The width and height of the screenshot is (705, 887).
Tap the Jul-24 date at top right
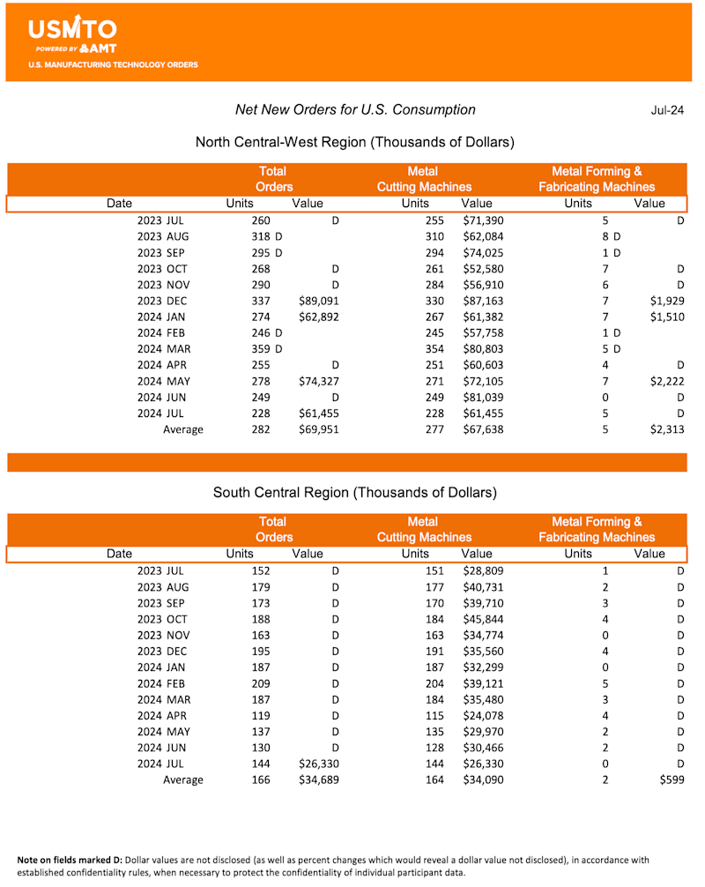[x=667, y=110]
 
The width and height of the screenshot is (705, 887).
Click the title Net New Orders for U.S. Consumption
[x=355, y=110]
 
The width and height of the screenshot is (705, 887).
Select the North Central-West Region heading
[x=354, y=142]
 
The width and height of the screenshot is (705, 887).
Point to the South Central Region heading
[x=354, y=492]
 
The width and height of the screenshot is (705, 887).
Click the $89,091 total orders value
[x=316, y=301]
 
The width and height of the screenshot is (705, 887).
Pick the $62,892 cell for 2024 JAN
[x=316, y=317]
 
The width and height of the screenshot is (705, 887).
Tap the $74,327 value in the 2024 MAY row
[x=316, y=382]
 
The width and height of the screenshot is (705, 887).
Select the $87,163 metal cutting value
[x=482, y=301]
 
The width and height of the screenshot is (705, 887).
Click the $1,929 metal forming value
[x=665, y=301]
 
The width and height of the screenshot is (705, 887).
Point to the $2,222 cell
[x=665, y=382]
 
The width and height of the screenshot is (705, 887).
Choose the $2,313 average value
[x=665, y=430]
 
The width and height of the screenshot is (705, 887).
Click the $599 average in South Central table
[x=672, y=780]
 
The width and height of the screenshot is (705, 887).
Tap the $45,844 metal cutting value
[x=482, y=619]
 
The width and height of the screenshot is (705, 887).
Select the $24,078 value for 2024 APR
[x=482, y=716]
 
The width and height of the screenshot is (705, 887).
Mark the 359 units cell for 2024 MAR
[x=261, y=349]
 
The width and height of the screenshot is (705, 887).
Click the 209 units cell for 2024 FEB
[x=261, y=683]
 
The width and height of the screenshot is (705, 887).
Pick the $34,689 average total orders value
[x=316, y=780]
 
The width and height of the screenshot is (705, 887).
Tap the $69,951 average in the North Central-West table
[x=316, y=430]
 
